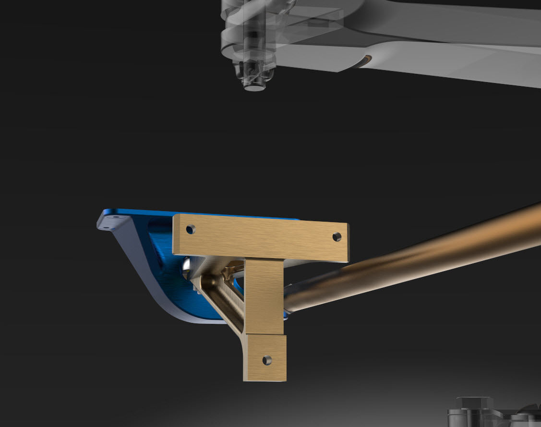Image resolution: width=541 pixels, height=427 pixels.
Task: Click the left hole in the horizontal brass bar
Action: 191,229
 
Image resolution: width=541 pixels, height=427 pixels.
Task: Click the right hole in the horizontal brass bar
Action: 337,236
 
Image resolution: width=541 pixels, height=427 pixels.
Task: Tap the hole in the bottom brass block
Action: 267,359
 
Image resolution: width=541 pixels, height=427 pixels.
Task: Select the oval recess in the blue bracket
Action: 158,235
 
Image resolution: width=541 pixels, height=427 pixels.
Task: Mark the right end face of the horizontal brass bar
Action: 348,243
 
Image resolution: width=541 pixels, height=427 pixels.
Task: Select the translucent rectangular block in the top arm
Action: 312,19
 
